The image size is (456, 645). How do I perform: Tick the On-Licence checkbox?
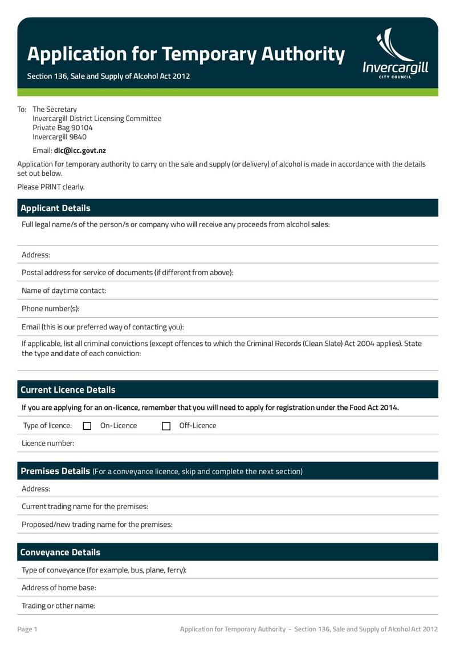87,426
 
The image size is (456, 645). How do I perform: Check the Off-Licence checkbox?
166,426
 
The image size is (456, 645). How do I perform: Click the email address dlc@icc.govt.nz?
80,151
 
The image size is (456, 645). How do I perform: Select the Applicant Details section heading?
55,208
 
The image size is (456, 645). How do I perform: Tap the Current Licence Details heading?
68,390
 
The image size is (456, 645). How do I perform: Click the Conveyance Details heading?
60,553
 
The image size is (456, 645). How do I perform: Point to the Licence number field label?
48,444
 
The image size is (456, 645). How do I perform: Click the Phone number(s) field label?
50,309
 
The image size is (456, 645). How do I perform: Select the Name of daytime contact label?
64,291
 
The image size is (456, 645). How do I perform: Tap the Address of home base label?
59,588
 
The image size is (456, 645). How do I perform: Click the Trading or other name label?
58,606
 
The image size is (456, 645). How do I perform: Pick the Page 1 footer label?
27,629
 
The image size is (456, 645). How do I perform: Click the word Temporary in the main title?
209,54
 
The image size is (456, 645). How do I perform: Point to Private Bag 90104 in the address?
63,128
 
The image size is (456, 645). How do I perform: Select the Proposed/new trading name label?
97,525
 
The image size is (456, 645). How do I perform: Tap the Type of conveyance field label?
104,570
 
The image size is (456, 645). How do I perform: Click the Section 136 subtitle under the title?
108,76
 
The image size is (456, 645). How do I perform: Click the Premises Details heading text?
55,471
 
